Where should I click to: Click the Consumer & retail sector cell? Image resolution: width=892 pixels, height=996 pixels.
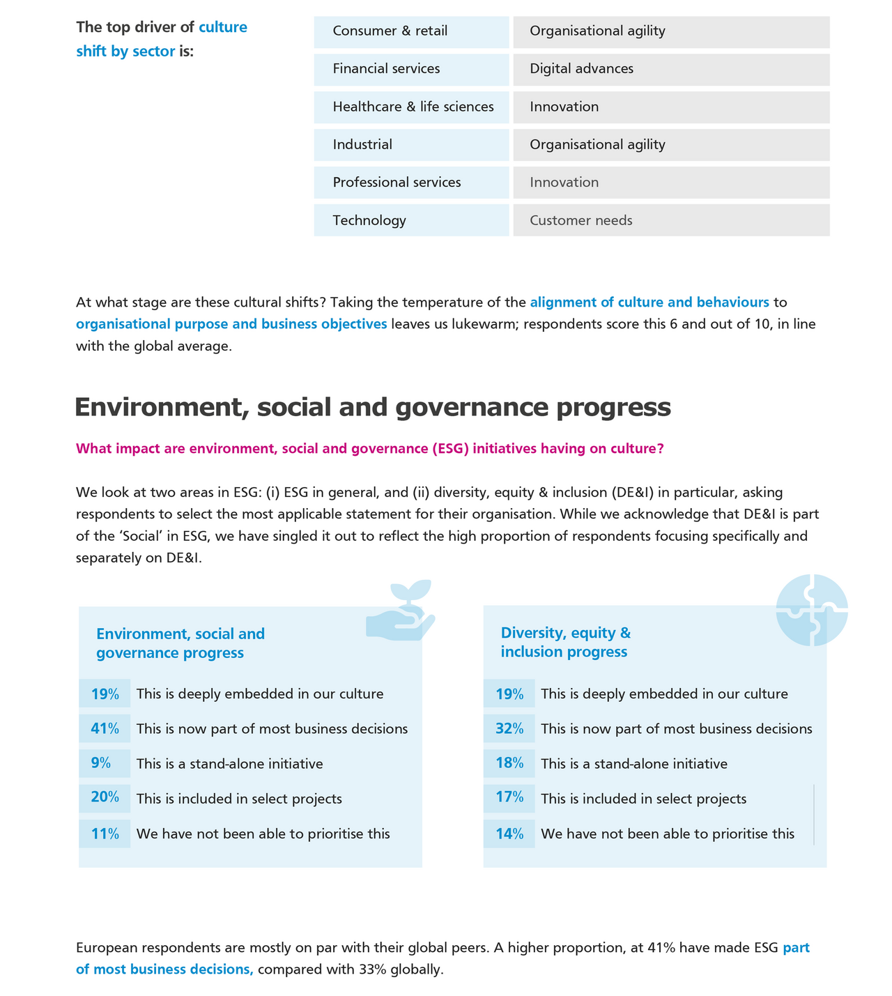click(x=411, y=31)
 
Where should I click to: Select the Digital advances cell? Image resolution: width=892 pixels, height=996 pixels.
click(x=671, y=69)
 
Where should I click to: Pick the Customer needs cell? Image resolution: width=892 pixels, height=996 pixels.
click(x=671, y=220)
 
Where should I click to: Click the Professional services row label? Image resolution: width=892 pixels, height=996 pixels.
click(x=411, y=183)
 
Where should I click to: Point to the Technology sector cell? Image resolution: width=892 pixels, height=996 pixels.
click(x=411, y=220)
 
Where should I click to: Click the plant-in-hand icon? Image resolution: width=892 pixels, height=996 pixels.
click(x=401, y=611)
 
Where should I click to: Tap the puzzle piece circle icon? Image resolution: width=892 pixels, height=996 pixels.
click(x=812, y=609)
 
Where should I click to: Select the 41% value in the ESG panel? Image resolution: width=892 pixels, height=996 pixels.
click(x=105, y=729)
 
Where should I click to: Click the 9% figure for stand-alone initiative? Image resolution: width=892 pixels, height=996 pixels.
click(x=101, y=763)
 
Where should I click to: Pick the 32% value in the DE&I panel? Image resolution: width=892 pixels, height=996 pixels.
click(x=509, y=729)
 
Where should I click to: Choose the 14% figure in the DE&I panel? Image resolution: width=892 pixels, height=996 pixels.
click(x=509, y=834)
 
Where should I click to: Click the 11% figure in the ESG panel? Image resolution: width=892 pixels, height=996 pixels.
click(x=105, y=834)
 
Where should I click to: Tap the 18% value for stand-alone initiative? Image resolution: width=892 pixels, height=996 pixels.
click(x=509, y=763)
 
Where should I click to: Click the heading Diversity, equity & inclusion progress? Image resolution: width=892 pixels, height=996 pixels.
click(x=566, y=642)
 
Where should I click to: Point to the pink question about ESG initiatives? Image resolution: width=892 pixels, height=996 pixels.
click(x=369, y=449)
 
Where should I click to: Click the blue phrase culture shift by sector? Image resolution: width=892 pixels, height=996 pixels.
click(x=162, y=39)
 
